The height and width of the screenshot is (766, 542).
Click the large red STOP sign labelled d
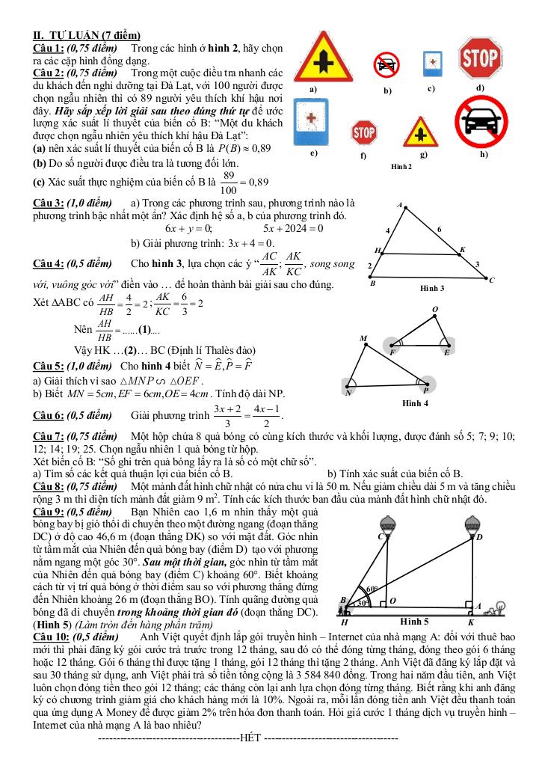pyautogui.click(x=481, y=58)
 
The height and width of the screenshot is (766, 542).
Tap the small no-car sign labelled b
pyautogui.click(x=387, y=64)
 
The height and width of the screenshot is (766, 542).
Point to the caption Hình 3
pyautogui.click(x=432, y=288)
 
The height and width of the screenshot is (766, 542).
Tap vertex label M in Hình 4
pyautogui.click(x=363, y=339)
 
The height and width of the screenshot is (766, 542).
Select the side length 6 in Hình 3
pyautogui.click(x=439, y=228)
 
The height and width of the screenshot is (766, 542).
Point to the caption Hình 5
pyautogui.click(x=414, y=622)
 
